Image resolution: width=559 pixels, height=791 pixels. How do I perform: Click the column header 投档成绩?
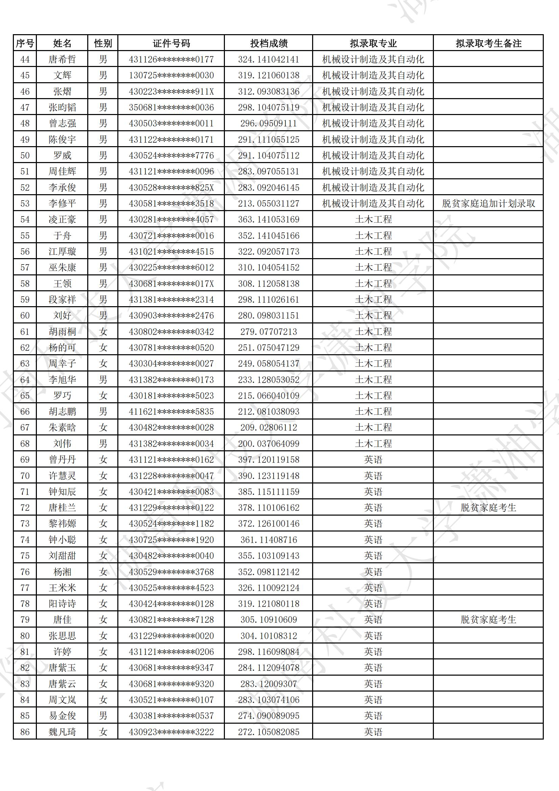268,43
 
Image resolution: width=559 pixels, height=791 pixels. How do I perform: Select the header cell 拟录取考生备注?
488,43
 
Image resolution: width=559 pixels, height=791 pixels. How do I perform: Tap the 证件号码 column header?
171,43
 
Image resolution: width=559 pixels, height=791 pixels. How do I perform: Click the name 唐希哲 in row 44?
62,60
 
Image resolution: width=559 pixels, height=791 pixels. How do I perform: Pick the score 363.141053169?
268,220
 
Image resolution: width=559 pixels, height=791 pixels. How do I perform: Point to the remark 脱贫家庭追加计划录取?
488,204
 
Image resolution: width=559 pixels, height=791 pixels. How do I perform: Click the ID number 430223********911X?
171,92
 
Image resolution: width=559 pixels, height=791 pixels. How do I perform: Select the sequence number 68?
25,444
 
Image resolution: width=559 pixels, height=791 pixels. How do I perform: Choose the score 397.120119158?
268,459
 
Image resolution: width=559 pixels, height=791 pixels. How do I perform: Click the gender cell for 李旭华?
103,380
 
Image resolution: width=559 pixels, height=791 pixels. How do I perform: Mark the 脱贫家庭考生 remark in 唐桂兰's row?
488,508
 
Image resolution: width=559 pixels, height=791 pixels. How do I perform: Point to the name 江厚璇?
62,251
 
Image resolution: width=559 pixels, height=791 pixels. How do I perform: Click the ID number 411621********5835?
171,412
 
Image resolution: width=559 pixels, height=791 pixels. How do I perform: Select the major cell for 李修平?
373,204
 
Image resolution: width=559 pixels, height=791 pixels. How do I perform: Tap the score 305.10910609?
268,620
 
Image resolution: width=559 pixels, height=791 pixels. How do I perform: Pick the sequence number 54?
25,220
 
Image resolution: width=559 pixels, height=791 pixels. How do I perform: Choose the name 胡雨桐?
62,332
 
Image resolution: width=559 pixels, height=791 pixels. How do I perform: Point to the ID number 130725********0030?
171,75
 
